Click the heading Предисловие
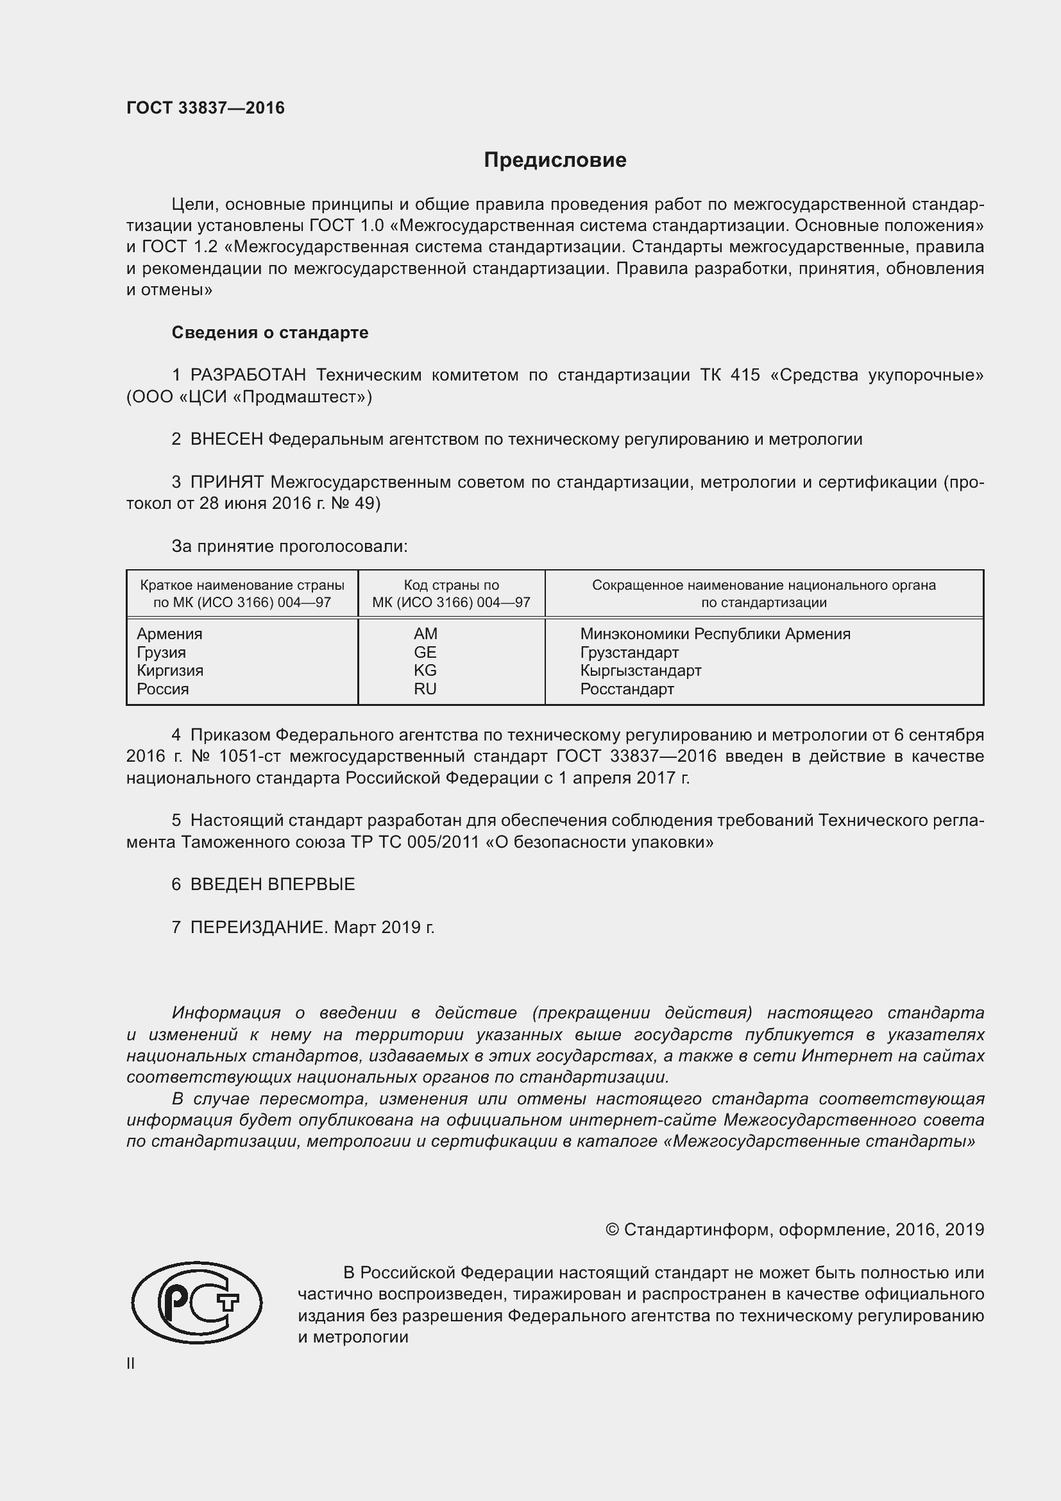(555, 160)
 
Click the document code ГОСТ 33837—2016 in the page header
(205, 108)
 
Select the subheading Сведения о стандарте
(270, 333)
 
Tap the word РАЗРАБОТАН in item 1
(248, 375)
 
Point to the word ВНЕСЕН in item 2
(226, 440)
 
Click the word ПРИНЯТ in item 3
(226, 483)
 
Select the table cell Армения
(169, 633)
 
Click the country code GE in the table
(425, 652)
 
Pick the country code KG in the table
(425, 670)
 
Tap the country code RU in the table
(425, 689)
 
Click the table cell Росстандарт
(627, 689)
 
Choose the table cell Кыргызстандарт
(640, 670)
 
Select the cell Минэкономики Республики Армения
(715, 633)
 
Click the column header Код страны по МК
(451, 594)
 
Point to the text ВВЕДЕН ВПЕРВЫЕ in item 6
(273, 884)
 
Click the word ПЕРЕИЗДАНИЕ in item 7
(258, 927)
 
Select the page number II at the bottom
(131, 1363)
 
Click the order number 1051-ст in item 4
(249, 757)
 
